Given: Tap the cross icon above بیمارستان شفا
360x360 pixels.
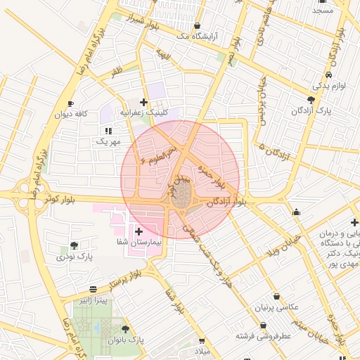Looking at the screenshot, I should click(x=138, y=231).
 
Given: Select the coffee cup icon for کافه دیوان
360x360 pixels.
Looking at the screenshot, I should click(x=70, y=104).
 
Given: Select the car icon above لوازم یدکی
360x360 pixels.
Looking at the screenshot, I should click(x=329, y=74).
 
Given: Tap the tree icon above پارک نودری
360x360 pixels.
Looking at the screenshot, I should click(x=74, y=245).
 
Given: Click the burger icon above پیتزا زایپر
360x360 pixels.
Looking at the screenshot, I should click(x=94, y=290).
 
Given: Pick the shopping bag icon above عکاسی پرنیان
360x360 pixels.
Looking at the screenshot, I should click(x=276, y=297).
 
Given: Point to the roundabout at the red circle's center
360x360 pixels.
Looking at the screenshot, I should click(x=181, y=195).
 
